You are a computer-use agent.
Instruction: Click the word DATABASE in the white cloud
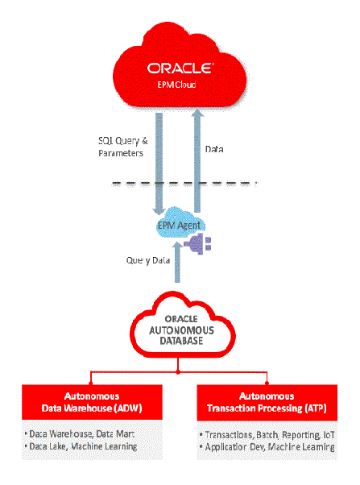click(x=180, y=341)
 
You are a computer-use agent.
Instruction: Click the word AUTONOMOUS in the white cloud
click(x=180, y=329)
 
